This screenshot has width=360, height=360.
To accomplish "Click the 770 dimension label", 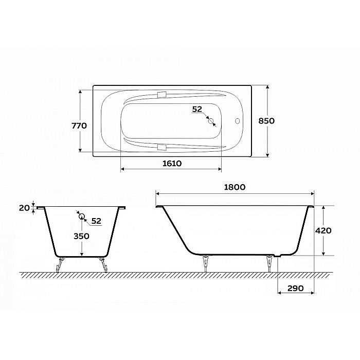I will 79,125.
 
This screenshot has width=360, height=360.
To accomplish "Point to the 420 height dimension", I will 322,230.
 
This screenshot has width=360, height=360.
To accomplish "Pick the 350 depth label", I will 81,236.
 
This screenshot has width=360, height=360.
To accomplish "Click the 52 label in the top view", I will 197,109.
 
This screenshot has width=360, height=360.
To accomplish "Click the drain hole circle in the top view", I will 210,121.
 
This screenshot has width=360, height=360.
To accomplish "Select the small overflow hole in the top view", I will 238,121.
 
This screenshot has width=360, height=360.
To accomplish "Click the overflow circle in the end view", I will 81,216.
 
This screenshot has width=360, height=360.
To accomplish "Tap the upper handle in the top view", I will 163,95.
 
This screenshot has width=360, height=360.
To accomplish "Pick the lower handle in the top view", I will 163,148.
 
